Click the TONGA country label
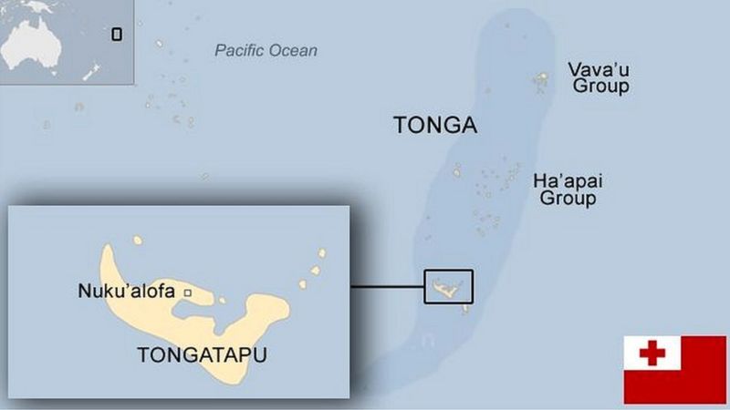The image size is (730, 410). [434, 126]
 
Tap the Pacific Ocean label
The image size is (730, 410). [266, 50]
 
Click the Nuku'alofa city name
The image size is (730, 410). [129, 292]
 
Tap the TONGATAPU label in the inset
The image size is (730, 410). [202, 356]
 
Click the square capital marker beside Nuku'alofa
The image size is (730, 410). [188, 292]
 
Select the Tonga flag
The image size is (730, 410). [674, 369]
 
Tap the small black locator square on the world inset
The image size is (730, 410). [116, 35]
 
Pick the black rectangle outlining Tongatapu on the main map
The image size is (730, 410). [449, 286]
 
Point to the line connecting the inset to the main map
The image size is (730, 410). [388, 287]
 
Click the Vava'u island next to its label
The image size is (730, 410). [541, 82]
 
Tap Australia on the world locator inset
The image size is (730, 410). [36, 41]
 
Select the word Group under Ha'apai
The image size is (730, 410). [567, 198]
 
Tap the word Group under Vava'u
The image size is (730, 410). [599, 87]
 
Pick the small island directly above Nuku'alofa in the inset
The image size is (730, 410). [138, 241]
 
